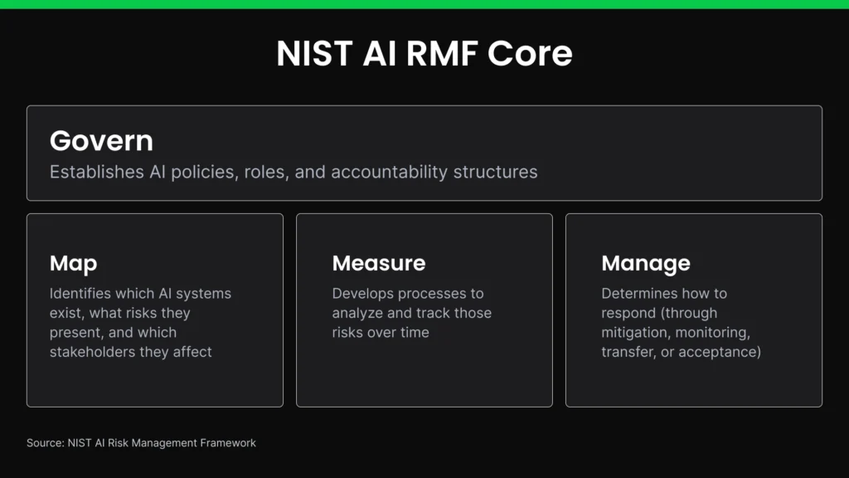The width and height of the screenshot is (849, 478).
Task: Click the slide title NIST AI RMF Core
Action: pos(424,54)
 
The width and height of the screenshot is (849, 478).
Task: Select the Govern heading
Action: pos(101,140)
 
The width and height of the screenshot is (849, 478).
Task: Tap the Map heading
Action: pos(73,263)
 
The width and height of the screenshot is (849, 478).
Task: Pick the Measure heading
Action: pos(378,263)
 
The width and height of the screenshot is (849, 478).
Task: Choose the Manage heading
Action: pos(645,263)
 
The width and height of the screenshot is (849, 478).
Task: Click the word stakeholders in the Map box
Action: pos(92,352)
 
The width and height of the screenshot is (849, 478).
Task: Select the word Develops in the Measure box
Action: pos(363,294)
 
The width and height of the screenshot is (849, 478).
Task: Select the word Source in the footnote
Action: pos(44,443)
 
